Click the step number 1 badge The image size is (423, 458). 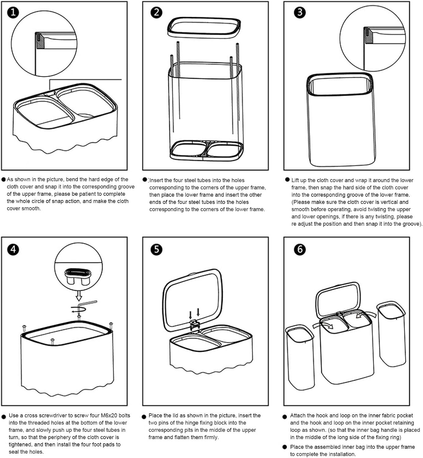coord(13,13)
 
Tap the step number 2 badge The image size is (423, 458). coord(156,13)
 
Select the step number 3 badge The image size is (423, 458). coord(300,13)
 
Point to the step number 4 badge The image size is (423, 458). coord(13,249)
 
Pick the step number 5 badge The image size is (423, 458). coord(156,249)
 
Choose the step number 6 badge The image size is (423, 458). coord(300,249)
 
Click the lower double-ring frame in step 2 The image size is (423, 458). coord(207,151)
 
